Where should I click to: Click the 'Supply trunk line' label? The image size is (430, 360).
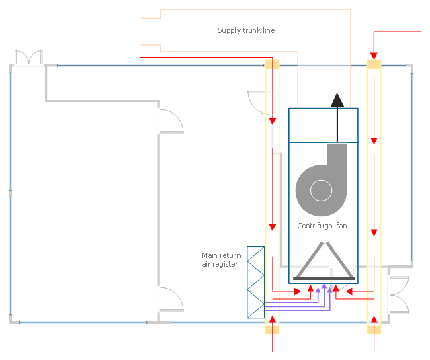[247, 30]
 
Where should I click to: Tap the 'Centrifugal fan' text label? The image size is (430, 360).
[322, 226]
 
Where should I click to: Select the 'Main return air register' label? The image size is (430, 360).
[221, 260]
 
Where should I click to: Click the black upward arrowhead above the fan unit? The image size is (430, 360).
[337, 100]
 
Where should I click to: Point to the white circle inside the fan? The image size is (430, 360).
[321, 191]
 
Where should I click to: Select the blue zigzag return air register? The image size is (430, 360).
[255, 282]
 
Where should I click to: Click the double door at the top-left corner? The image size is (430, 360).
[28, 58]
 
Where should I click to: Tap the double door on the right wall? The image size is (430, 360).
[399, 294]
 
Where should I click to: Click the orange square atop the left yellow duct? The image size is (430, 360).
[273, 64]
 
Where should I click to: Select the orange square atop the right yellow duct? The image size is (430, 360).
[374, 64]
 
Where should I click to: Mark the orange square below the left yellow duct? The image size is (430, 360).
[273, 330]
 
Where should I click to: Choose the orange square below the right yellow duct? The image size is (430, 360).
[374, 330]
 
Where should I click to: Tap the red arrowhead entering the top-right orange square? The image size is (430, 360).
[374, 56]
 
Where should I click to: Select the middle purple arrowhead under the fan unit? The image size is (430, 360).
[324, 286]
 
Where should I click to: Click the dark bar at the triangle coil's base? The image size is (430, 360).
[324, 279]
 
